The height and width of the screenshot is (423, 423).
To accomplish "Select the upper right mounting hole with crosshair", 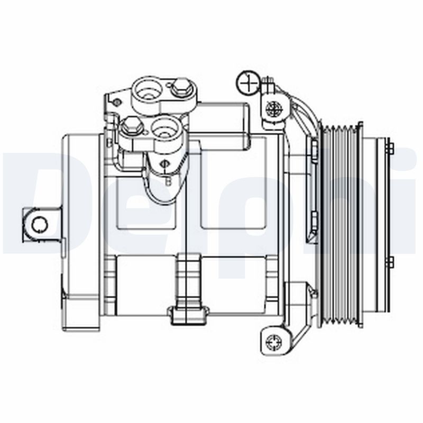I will (x=274, y=109).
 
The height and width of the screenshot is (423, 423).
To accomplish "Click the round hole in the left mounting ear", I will (x=39, y=225).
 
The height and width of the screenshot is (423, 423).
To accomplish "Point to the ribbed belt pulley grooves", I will (x=341, y=225).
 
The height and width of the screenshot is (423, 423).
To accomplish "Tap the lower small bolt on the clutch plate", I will (x=390, y=262).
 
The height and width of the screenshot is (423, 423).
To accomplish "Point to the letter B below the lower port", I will (x=169, y=181).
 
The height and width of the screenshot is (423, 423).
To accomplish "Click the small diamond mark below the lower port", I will (x=165, y=163).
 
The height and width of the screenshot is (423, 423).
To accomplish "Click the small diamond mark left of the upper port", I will (x=117, y=102).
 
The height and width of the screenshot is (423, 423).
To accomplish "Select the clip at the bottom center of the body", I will (x=188, y=313).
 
